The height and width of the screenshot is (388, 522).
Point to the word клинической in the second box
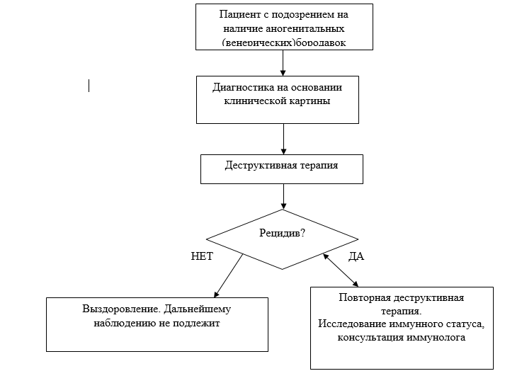(x=253, y=101)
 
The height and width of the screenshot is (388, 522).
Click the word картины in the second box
(x=310, y=101)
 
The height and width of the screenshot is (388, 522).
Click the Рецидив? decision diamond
(x=283, y=234)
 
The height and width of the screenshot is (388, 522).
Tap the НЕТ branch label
(x=202, y=256)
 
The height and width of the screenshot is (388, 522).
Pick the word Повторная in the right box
(x=363, y=297)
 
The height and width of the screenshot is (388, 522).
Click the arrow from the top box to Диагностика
(x=283, y=62)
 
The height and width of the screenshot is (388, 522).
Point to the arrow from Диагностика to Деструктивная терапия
(x=283, y=139)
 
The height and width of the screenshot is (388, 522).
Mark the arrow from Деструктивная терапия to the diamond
(x=283, y=196)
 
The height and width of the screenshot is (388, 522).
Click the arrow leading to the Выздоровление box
(x=228, y=275)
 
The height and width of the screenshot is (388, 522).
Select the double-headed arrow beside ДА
(x=341, y=270)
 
